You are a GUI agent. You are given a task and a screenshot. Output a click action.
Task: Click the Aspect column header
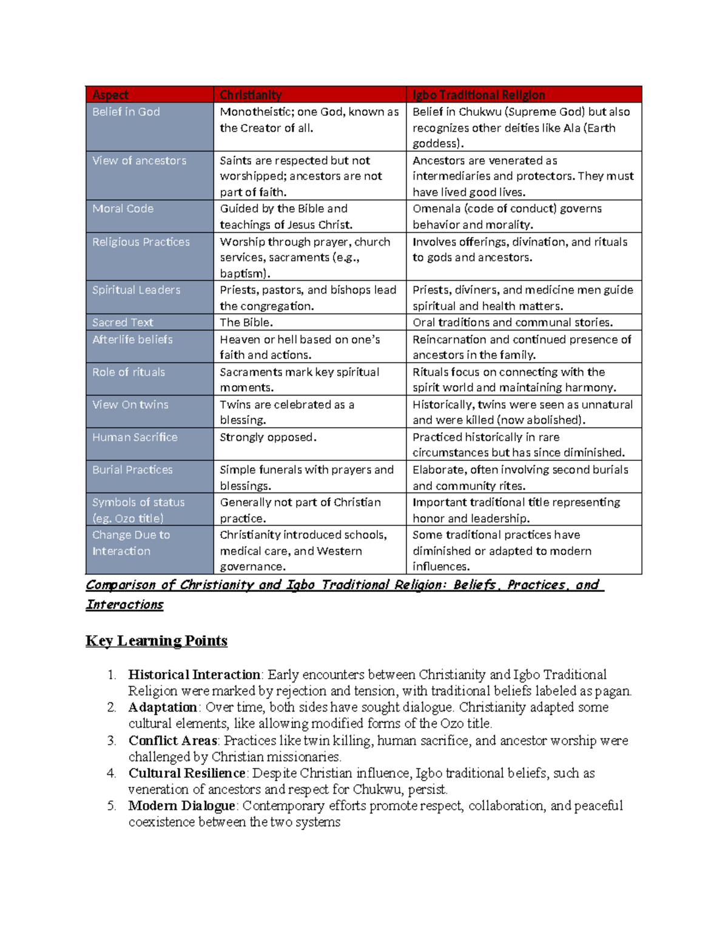point(110,95)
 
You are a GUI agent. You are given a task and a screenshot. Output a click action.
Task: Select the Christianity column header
point(251,95)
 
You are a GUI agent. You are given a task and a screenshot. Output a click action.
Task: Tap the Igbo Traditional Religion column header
point(479,95)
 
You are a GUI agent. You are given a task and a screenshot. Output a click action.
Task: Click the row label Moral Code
point(123,209)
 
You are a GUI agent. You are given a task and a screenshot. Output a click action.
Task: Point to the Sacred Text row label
point(123,322)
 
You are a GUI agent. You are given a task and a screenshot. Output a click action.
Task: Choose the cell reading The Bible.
point(246,322)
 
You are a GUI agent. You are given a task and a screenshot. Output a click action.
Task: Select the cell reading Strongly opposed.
point(268,437)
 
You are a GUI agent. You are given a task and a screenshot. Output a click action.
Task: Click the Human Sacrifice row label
point(135,437)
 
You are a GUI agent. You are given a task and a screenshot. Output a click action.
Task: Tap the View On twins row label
point(130,405)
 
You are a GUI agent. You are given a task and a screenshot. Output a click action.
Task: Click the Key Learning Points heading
point(157,641)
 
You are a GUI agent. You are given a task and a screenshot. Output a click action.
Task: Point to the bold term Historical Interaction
point(194,675)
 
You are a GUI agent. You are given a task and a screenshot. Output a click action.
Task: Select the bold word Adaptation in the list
point(163,707)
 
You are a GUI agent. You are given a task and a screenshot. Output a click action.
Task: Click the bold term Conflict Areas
point(173,741)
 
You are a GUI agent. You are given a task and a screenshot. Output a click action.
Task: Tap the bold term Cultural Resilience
point(187,773)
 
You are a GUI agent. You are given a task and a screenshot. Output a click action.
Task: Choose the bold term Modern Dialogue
point(181,806)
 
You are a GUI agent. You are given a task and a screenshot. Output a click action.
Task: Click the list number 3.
point(112,741)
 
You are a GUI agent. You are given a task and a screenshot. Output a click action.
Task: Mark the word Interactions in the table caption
point(124,605)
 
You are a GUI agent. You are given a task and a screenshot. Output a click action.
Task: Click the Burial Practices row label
point(132,469)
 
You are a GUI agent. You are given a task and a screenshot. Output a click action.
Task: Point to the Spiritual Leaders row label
point(136,290)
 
